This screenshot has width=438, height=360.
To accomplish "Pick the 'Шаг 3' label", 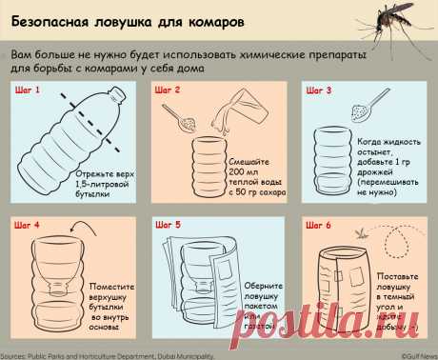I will click(319, 90).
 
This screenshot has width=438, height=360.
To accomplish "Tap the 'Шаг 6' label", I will click(319, 226).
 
